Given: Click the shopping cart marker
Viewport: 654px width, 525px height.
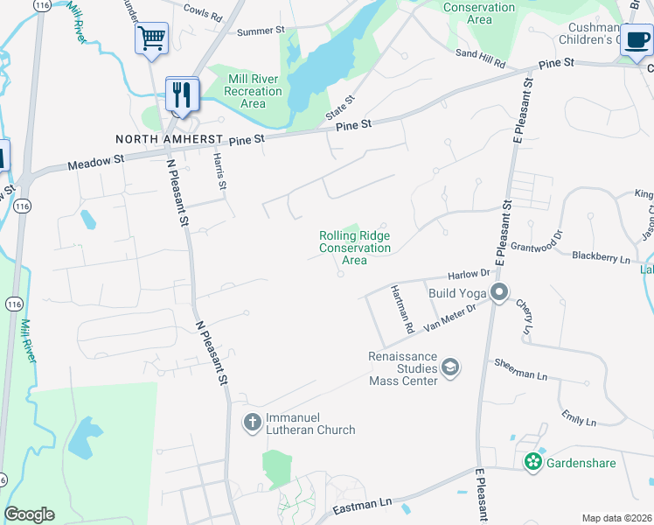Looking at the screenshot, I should (151, 38).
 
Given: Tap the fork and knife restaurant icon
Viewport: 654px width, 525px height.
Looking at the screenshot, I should (182, 94).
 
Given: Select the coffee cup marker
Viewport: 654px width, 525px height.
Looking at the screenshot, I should (636, 39).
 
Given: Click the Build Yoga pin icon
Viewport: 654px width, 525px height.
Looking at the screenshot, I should (499, 292).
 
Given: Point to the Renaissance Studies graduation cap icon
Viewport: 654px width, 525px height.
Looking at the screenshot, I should (451, 366).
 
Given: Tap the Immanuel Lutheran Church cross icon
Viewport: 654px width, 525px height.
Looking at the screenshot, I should (252, 423).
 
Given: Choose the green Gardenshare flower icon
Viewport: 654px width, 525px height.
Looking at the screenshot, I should (532, 461).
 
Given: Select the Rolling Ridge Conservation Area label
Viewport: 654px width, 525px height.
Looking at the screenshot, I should (354, 248).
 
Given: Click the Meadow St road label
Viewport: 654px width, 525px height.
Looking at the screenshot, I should (97, 161).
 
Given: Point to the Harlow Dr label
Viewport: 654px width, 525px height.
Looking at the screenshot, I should (470, 275).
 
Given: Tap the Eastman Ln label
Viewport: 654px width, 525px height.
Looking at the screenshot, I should (361, 506).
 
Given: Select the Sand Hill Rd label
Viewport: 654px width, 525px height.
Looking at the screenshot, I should (480, 59).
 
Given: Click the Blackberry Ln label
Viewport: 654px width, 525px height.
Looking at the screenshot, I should (601, 258).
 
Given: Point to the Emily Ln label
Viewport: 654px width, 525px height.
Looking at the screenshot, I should (579, 417).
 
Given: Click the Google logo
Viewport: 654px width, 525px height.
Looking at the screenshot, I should (29, 514).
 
